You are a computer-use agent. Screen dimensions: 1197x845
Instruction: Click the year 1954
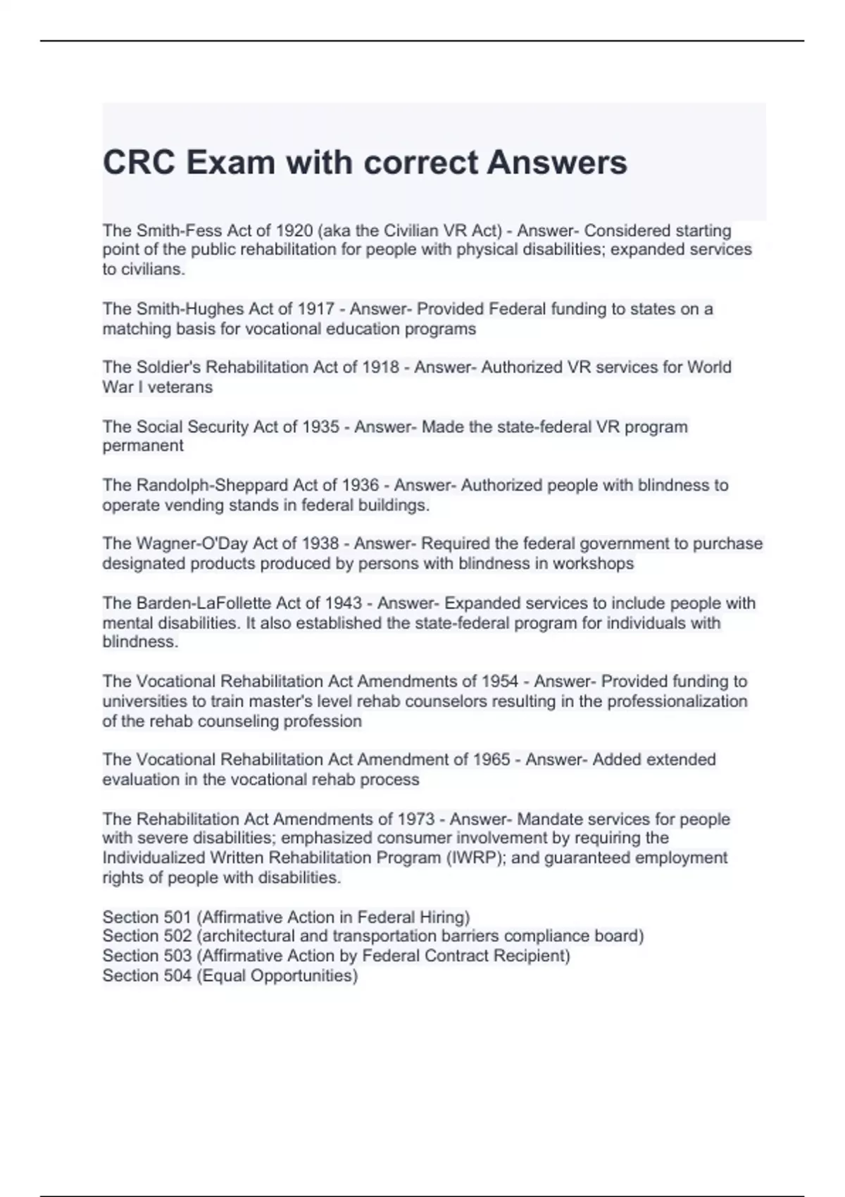tap(499, 682)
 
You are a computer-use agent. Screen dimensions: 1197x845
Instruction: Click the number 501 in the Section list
tap(177, 917)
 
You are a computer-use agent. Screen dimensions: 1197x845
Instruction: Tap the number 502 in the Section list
tap(177, 936)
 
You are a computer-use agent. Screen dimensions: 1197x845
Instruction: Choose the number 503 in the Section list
tap(177, 956)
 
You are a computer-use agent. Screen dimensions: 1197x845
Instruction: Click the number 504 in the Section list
tap(177, 976)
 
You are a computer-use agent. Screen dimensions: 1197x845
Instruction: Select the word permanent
tap(143, 446)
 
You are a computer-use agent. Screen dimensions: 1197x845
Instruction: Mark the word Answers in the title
tap(557, 163)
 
